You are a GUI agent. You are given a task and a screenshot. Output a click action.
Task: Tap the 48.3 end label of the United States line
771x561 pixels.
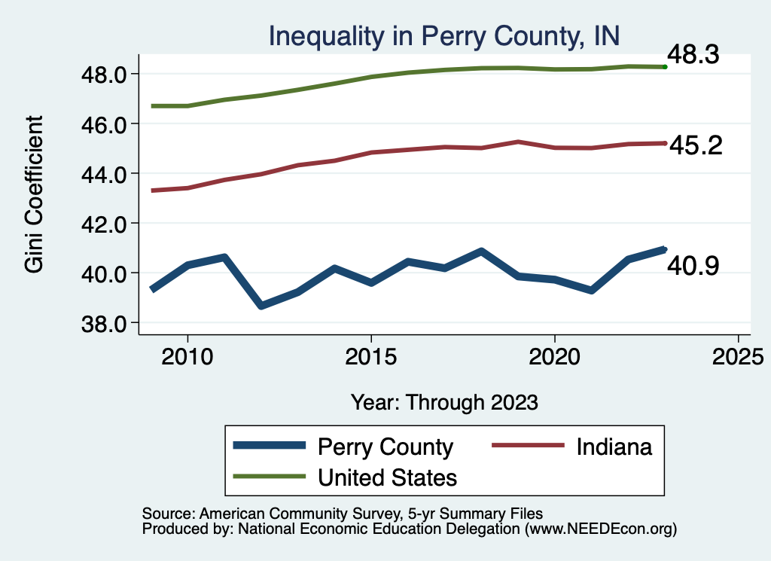click(693, 55)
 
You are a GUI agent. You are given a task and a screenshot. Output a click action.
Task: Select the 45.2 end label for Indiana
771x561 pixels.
click(695, 145)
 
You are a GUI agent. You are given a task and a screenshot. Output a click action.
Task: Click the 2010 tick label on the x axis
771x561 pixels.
click(187, 355)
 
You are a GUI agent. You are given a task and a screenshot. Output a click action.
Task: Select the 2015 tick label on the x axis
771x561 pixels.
click(370, 355)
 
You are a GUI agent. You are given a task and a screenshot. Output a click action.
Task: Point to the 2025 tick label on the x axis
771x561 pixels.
click(738, 355)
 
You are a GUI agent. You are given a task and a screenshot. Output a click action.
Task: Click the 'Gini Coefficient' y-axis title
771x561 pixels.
click(33, 194)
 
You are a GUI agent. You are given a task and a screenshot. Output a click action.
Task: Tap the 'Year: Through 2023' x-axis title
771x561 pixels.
click(444, 402)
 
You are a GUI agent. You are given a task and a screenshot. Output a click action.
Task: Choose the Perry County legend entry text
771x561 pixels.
click(385, 447)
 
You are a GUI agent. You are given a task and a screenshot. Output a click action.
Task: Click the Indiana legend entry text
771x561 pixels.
click(614, 447)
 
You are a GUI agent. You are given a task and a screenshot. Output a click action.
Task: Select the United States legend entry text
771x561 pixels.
click(387, 477)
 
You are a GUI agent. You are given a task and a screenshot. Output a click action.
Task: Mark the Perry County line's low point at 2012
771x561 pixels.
click(261, 306)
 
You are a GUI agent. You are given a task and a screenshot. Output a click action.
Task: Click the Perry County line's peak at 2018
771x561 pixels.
click(480, 251)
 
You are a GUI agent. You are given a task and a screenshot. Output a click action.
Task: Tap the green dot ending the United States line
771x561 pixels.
click(665, 67)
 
